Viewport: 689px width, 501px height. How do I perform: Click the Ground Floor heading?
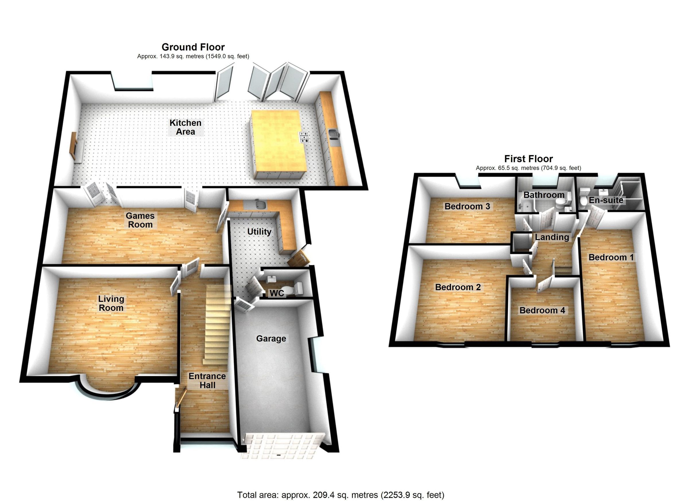[193, 47]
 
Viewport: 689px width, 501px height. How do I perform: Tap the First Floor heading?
[528, 159]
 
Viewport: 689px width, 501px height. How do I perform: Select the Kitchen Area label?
[185, 127]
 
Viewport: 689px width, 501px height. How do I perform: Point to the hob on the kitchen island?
[305, 137]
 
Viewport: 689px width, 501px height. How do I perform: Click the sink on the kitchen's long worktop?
[333, 134]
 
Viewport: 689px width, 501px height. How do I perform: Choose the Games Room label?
[140, 220]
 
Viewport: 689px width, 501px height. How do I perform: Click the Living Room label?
[111, 303]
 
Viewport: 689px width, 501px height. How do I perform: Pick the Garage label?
[271, 339]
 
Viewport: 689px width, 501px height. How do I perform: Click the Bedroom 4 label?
[542, 310]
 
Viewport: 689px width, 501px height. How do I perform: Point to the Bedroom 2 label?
[458, 287]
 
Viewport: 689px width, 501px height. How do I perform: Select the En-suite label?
[606, 200]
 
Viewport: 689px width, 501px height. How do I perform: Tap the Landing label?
[552, 237]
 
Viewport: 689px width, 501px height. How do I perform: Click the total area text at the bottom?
[340, 495]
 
